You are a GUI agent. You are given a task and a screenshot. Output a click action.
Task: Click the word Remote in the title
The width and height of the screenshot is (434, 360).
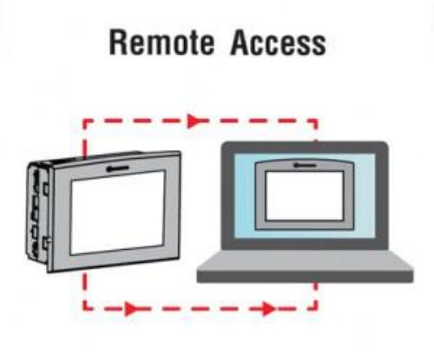click(161, 43)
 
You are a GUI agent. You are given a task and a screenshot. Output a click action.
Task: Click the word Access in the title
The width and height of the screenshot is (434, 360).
click(279, 43)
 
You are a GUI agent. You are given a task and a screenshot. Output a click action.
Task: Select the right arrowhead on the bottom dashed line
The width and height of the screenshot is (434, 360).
click(268, 309)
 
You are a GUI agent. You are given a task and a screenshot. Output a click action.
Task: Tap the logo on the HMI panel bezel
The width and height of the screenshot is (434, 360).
click(117, 167)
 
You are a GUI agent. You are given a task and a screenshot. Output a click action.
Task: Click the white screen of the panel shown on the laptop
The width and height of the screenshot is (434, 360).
click(305, 195)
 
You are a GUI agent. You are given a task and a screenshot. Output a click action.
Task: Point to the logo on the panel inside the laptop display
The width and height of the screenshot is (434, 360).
click(305, 166)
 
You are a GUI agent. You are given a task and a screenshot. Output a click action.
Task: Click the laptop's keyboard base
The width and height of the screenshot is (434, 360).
click(305, 266)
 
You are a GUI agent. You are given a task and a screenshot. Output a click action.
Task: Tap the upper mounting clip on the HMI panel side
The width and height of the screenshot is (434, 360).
click(46, 188)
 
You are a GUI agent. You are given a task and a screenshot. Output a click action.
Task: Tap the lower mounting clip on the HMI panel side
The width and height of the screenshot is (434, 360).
click(46, 242)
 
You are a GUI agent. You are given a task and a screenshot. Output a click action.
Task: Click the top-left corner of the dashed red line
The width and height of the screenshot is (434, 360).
click(84, 121)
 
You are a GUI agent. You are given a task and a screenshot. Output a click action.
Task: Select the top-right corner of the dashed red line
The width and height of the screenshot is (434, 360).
click(317, 121)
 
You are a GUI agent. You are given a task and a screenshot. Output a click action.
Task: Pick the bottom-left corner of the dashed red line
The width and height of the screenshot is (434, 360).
click(85, 309)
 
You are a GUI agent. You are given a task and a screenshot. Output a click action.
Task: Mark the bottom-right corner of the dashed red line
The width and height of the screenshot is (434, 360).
click(316, 309)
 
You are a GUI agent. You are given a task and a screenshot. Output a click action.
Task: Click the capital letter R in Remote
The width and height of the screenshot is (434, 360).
click(118, 43)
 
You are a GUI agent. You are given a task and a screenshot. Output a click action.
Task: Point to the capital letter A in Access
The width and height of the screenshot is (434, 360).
click(241, 43)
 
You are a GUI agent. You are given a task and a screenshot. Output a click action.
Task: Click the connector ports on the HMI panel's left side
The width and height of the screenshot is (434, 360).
click(36, 214)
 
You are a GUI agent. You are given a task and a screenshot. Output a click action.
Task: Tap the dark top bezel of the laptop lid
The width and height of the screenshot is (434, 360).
click(305, 147)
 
